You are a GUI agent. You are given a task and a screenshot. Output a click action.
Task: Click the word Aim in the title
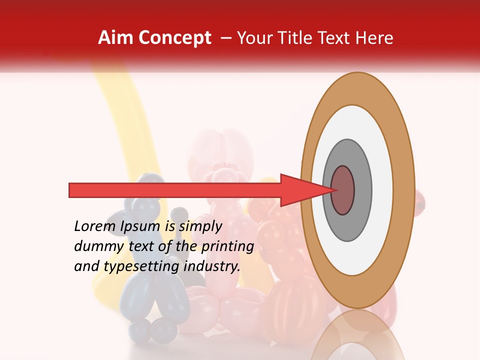click(x=115, y=38)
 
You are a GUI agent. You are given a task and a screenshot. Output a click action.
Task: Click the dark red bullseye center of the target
click(x=343, y=190)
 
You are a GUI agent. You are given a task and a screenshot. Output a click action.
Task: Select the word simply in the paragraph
click(x=200, y=226)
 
